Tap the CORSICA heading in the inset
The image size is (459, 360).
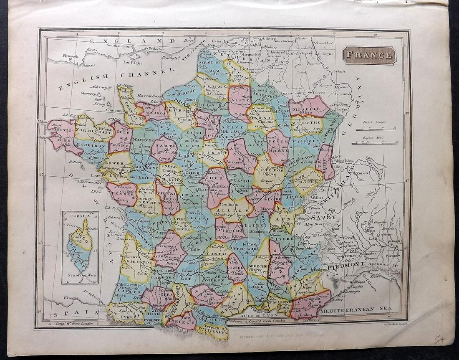point(80,216)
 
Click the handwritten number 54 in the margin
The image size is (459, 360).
point(439,340)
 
